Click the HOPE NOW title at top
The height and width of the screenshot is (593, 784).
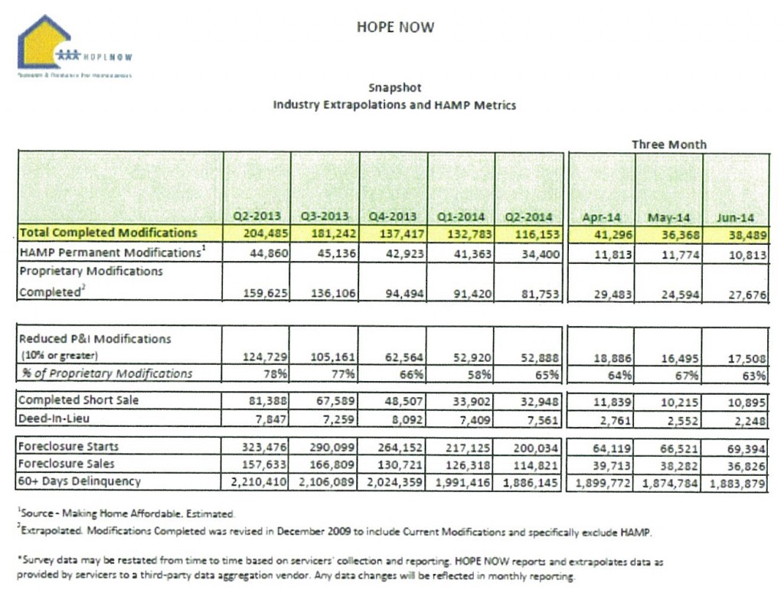[x=395, y=28]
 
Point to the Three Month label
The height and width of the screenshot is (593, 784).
[x=668, y=144]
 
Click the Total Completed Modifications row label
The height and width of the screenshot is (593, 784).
[x=107, y=233]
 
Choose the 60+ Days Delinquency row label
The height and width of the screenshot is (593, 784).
[x=80, y=481]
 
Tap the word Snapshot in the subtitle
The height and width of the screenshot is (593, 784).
[x=394, y=88]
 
